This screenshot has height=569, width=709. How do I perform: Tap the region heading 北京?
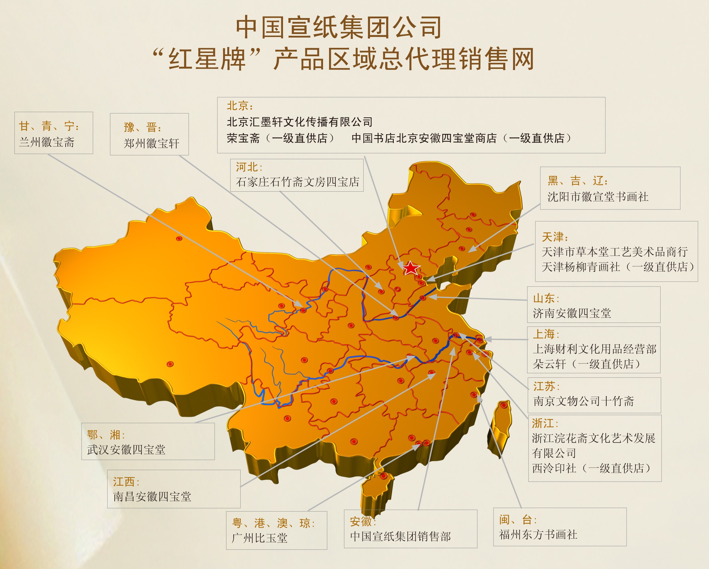point(240,106)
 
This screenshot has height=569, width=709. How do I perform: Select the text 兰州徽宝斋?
point(47,142)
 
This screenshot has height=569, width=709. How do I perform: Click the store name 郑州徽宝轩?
point(151,143)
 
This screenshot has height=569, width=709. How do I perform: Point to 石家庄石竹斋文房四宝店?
point(297,182)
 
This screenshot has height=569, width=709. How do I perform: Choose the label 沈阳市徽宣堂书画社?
point(598,197)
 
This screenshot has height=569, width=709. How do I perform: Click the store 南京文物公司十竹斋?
point(583,401)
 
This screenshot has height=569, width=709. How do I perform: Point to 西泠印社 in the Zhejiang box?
point(554,468)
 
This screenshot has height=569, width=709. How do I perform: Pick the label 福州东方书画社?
point(538,534)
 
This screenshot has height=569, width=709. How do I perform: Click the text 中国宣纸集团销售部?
point(400,537)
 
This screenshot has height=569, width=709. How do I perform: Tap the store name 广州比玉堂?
point(260,538)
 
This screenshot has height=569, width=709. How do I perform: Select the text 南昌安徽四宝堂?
point(152,496)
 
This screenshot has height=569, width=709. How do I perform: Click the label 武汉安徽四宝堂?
point(126,450)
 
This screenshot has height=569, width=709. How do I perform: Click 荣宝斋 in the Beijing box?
point(243,138)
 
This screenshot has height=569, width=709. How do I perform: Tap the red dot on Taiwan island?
point(503,406)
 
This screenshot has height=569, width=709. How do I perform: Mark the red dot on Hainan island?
point(384,476)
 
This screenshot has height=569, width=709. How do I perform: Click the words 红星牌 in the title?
point(207,59)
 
